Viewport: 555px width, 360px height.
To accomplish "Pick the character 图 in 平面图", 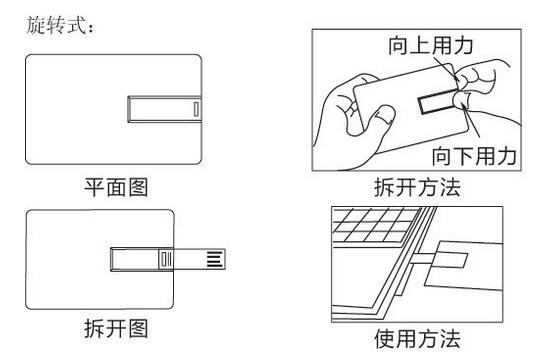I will click(143, 184).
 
